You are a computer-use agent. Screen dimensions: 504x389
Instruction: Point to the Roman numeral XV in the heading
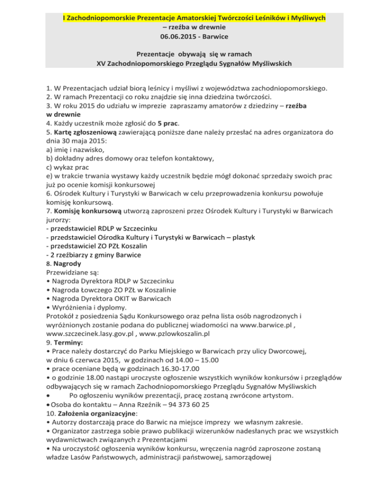point(102,64)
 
